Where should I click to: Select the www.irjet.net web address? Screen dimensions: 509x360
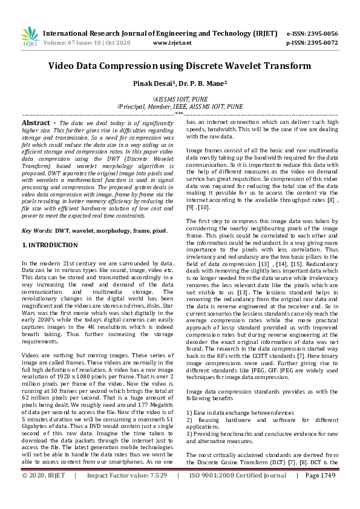coord(172,43)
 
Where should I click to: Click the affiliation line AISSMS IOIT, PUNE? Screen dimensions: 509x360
coord(180,97)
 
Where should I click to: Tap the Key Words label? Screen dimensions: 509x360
coord(36,231)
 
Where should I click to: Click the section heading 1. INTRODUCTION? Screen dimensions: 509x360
coord(50,245)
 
